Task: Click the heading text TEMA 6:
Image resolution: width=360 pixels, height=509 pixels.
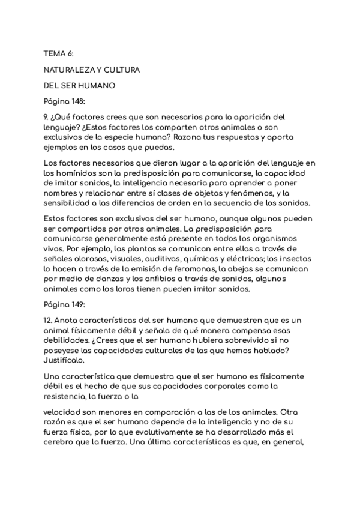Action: (59, 54)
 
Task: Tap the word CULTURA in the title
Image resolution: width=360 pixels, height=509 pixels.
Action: (120, 70)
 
